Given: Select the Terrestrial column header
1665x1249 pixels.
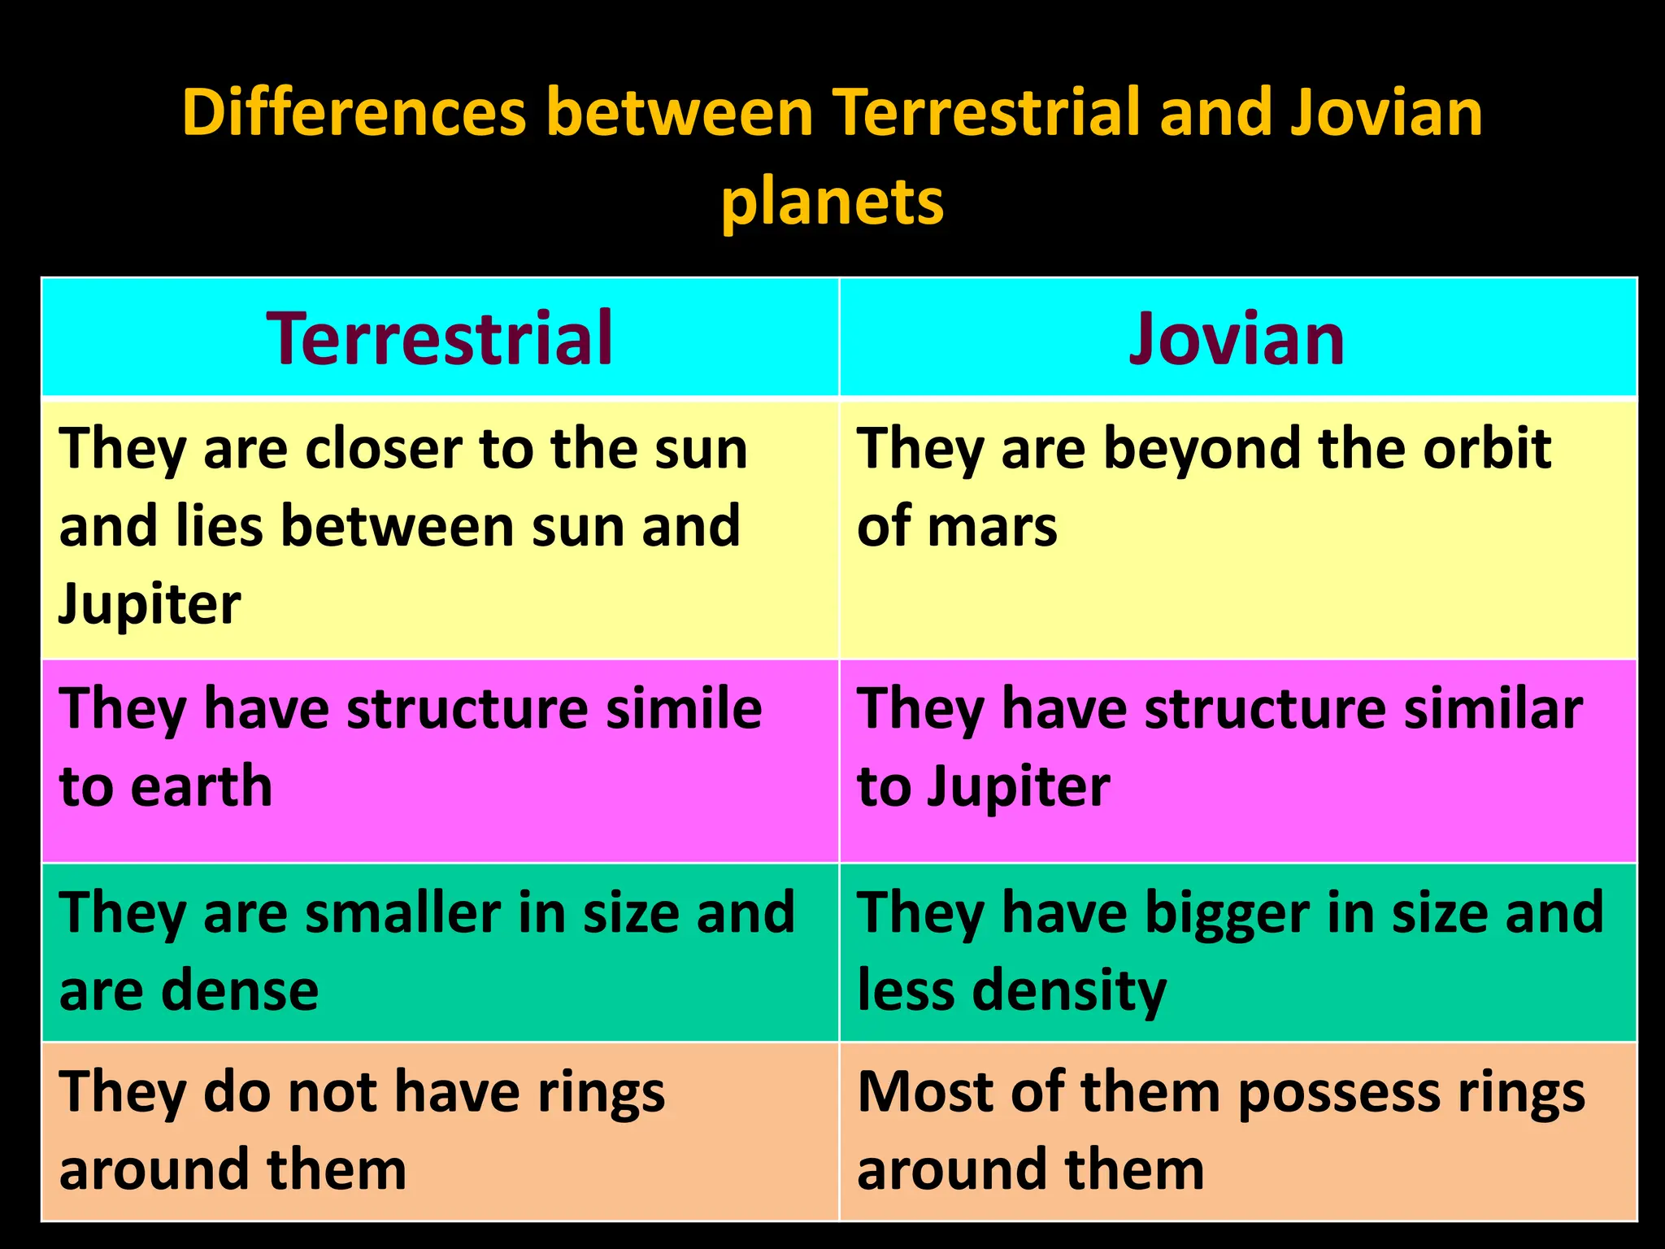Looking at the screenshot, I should coord(439,338).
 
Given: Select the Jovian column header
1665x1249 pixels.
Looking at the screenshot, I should coord(1237,338).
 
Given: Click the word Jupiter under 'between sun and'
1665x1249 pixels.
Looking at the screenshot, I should coord(150,605).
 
